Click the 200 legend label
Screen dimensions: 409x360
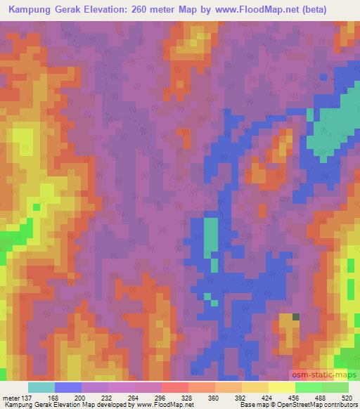[80, 398]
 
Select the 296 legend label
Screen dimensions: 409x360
[161, 398]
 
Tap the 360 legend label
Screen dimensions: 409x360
[214, 398]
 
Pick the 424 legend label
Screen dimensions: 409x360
[268, 398]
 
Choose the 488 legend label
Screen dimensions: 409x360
[321, 398]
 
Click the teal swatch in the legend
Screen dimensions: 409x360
[41, 387]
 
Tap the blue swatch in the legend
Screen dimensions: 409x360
[68, 387]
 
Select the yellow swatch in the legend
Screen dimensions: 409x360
[282, 387]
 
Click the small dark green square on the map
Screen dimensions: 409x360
[296, 317]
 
